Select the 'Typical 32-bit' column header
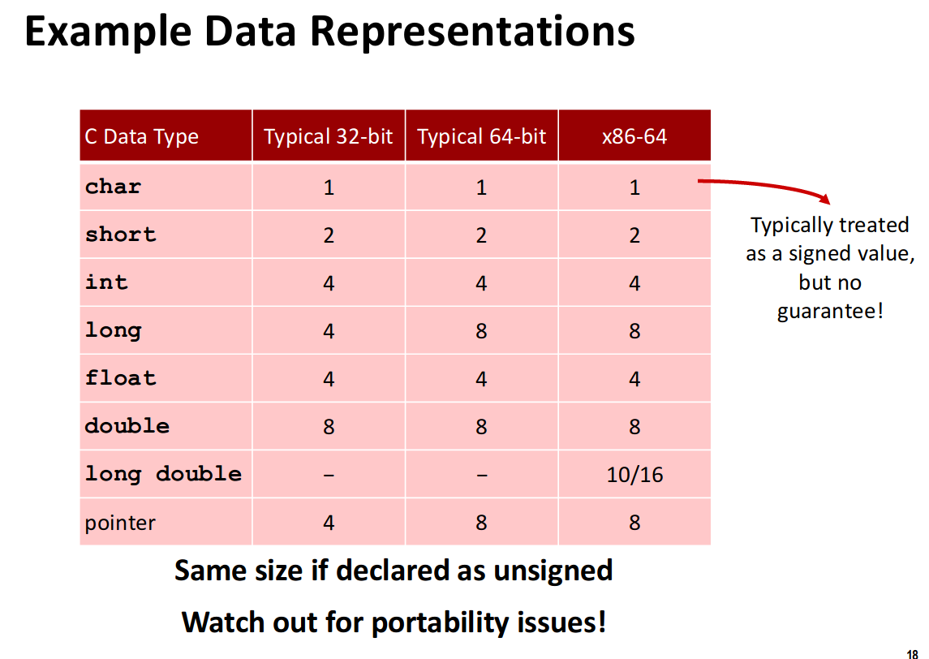click(329, 136)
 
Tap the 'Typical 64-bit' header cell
click(482, 136)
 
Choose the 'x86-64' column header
click(634, 136)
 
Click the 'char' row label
click(113, 187)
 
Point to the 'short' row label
click(120, 234)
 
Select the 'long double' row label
click(163, 474)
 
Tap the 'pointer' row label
click(120, 523)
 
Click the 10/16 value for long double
click(634, 475)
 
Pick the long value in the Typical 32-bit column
click(329, 330)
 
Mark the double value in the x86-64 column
click(634, 427)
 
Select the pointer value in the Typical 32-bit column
click(329, 523)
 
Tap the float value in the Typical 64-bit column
click(482, 379)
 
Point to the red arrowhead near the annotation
click(824, 199)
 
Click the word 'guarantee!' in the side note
click(830, 311)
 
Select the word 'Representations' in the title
click(472, 31)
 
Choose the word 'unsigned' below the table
click(553, 571)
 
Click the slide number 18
click(913, 654)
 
